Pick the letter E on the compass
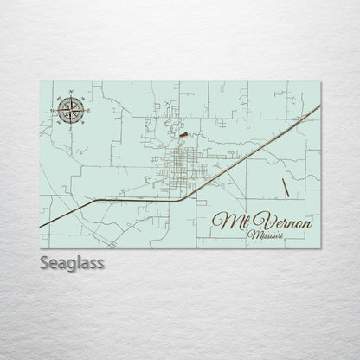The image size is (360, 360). coord(87,107)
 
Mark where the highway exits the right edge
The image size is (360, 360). coord(320,106)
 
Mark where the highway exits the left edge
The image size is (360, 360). coord(41,227)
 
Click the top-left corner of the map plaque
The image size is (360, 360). coord(41,82)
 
